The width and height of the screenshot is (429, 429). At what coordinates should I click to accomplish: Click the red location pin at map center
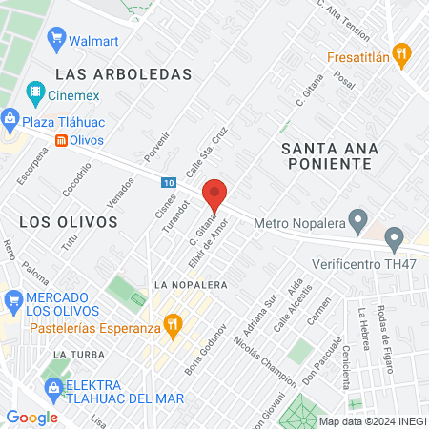[216, 194]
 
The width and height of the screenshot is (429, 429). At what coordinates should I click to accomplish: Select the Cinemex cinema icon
[35, 93]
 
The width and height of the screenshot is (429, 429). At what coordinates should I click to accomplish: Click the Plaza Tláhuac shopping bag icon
[10, 118]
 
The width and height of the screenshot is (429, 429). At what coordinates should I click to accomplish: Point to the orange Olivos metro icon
[62, 140]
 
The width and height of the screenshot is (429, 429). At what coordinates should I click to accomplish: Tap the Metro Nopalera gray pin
[357, 224]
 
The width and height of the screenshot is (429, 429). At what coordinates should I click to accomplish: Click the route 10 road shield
[168, 181]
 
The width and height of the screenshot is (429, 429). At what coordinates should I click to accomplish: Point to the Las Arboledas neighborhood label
[124, 73]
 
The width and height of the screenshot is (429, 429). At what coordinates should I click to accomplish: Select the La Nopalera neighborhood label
[190, 284]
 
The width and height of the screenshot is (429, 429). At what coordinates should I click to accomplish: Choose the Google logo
[31, 417]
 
